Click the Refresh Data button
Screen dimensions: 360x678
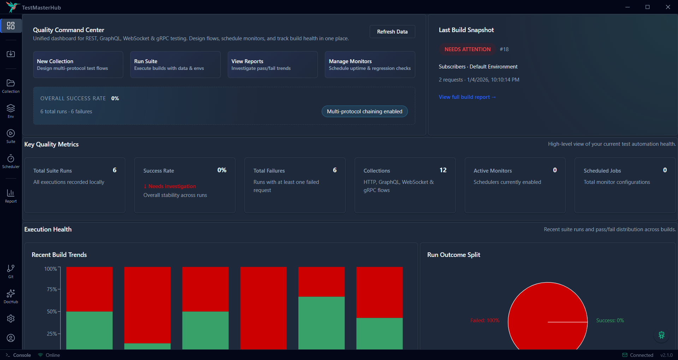tap(392, 32)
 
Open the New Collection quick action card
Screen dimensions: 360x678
tap(78, 65)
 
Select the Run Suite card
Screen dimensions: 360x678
tap(175, 65)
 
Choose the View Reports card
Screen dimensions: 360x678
tap(272, 65)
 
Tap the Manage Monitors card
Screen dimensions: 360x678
tap(370, 65)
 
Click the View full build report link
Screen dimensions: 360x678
tap(467, 97)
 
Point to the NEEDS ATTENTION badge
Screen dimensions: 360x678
tap(467, 49)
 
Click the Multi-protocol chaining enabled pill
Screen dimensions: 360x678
tap(364, 112)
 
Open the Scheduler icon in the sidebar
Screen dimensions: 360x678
tap(11, 161)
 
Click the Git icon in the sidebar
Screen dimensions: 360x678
tap(11, 271)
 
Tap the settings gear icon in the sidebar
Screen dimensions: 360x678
tap(11, 318)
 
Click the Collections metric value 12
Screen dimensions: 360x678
tap(443, 170)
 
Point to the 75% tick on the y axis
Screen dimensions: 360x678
tap(52, 289)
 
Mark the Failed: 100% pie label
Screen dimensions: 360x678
tap(484, 320)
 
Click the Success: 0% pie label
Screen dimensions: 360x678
tap(610, 320)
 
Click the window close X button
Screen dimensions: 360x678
tap(668, 7)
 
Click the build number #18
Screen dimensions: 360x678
tap(504, 49)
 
